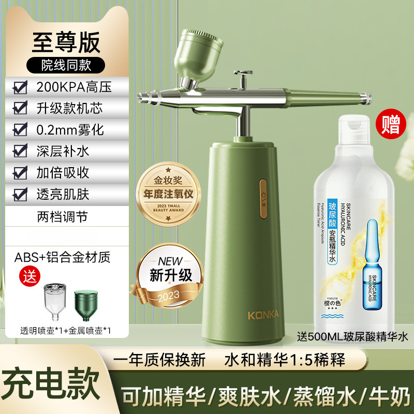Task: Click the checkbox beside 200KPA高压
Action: (20, 86)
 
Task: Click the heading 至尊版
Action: (66, 43)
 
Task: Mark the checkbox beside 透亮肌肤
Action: (20, 194)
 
